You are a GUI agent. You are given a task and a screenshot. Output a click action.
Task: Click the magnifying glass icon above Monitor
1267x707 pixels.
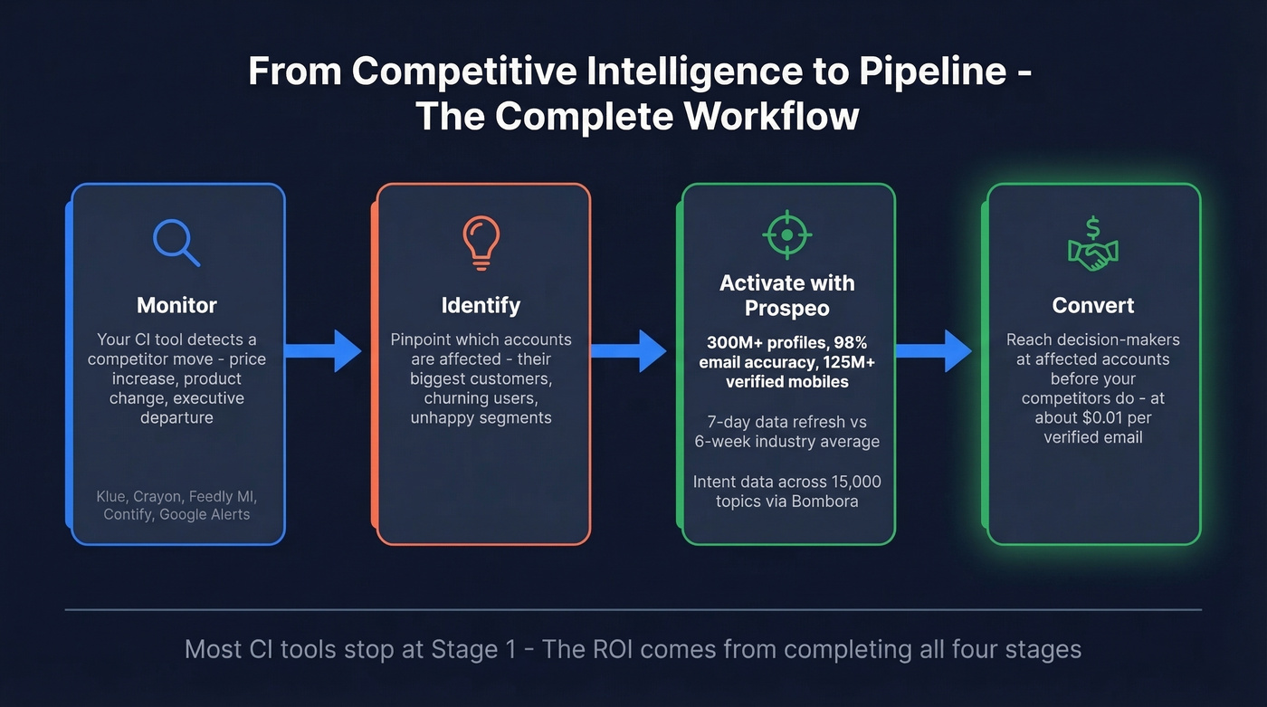click(x=176, y=241)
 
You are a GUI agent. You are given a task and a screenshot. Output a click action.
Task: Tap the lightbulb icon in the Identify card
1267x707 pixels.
click(x=481, y=242)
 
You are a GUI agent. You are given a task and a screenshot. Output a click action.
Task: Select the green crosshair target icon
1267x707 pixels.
click(x=786, y=235)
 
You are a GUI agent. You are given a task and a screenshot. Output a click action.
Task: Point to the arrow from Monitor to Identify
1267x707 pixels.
click(x=323, y=350)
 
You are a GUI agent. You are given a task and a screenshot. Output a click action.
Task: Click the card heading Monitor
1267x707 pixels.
click(x=176, y=305)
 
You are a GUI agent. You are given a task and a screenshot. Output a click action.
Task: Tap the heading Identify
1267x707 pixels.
click(x=481, y=305)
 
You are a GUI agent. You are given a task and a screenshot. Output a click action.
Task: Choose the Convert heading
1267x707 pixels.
click(x=1093, y=305)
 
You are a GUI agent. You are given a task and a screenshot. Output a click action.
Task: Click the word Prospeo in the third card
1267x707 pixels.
click(x=786, y=308)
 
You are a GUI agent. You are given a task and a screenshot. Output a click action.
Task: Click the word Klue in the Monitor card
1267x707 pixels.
click(x=112, y=496)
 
